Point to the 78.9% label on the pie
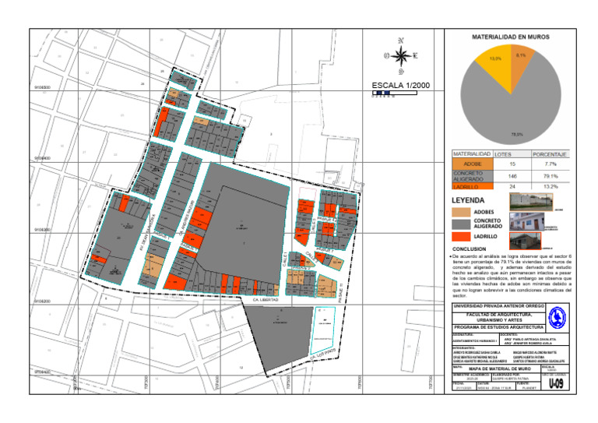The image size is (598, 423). [516, 135]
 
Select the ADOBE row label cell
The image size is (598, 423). [472, 164]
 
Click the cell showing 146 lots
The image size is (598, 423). [511, 176]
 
